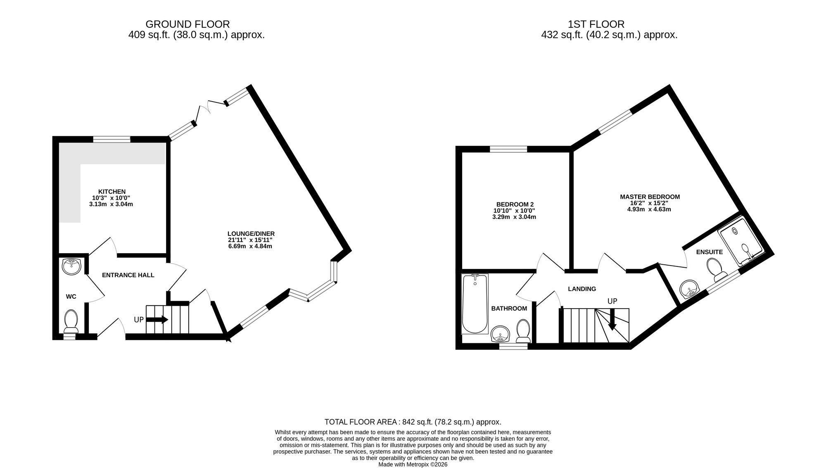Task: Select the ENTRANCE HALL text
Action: [128, 275]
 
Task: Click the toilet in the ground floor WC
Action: [71, 321]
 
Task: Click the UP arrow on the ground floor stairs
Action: [157, 319]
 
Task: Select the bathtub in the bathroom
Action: [475, 304]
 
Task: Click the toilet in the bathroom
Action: [524, 331]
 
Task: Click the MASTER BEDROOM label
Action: [650, 197]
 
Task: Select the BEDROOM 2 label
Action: [515, 204]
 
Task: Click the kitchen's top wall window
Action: [112, 139]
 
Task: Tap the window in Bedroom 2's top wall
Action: [508, 149]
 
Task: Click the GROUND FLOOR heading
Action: [188, 24]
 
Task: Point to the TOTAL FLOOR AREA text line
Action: [413, 422]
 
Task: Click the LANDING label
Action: [582, 289]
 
